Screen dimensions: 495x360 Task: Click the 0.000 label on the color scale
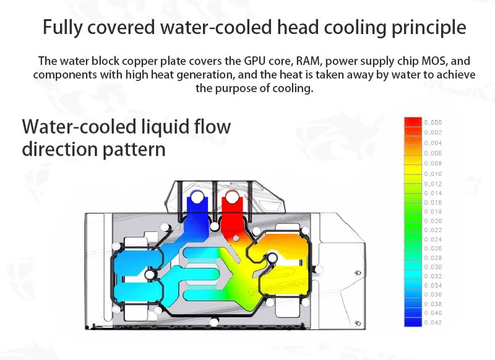[433, 122]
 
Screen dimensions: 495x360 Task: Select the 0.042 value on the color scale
[433, 322]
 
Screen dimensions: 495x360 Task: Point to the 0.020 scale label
[433, 221]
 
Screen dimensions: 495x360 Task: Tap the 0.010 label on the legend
[433, 174]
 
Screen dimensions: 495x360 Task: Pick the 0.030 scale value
[433, 267]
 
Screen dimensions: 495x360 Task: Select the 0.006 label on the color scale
[433, 153]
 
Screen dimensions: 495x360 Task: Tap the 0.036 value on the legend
[433, 294]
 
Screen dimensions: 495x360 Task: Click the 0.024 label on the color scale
[433, 239]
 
